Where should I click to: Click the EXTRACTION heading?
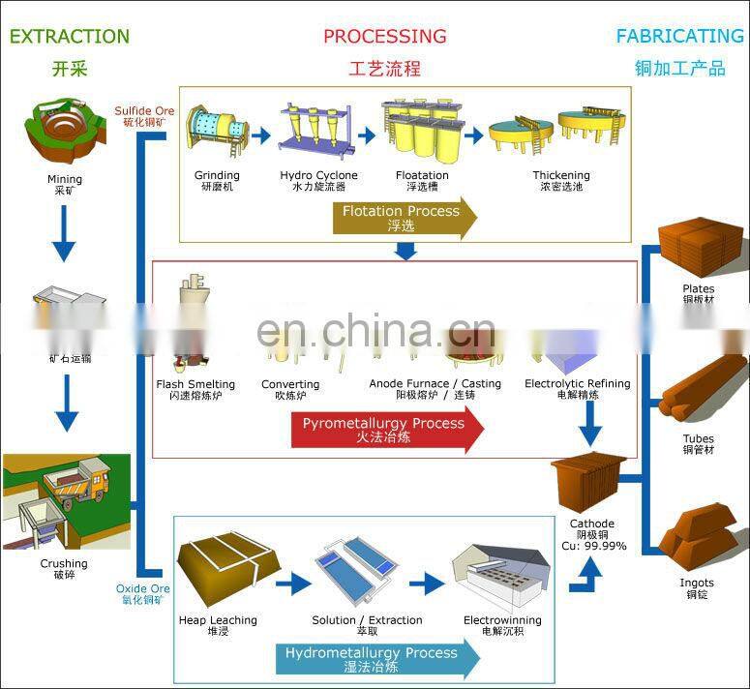click(x=69, y=37)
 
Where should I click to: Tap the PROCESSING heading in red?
click(x=384, y=37)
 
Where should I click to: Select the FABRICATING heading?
click(x=679, y=37)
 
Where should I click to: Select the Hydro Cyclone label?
click(x=318, y=175)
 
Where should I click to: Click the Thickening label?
click(x=561, y=175)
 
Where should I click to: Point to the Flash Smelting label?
click(x=195, y=384)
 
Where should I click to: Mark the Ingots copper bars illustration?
click(x=696, y=537)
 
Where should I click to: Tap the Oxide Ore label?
click(x=143, y=588)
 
